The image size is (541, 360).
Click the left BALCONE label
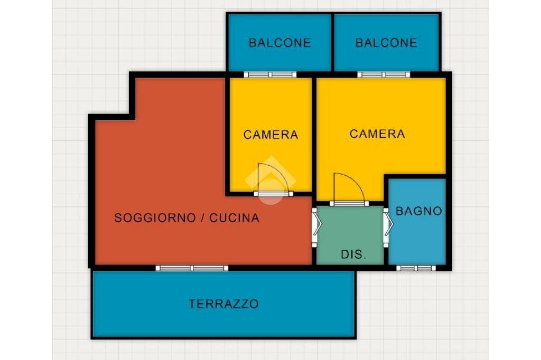(280, 43)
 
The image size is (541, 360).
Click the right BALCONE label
(386, 43)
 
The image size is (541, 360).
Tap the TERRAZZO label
(223, 304)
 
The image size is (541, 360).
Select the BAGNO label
(418, 211)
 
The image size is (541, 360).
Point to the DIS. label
(353, 254)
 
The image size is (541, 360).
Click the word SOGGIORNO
(155, 218)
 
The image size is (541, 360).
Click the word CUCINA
(234, 218)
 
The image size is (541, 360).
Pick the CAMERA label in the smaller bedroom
(270, 135)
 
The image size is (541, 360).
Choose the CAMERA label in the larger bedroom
(377, 134)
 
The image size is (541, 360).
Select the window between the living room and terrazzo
(192, 268)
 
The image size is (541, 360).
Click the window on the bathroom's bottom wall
(416, 268)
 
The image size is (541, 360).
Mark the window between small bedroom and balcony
(270, 74)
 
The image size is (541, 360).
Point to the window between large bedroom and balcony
(384, 74)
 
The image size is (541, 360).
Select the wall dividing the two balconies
(333, 42)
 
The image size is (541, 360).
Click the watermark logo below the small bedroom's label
(270, 180)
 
